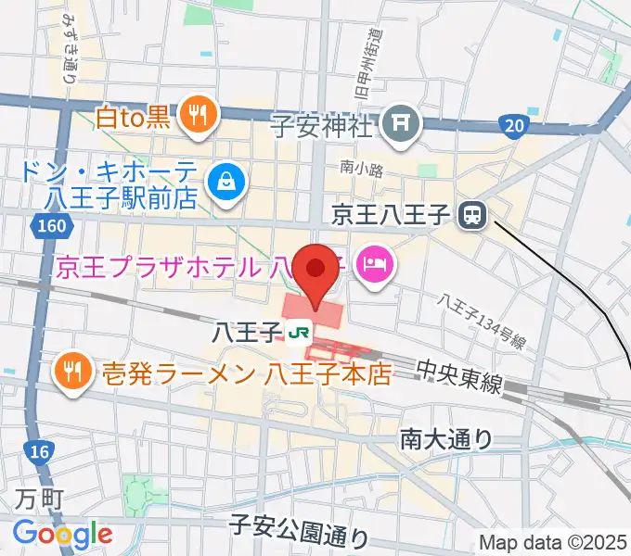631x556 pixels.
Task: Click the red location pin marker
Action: coord(316,269)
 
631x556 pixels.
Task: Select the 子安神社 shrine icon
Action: coord(403,120)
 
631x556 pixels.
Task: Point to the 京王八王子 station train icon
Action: coord(472,216)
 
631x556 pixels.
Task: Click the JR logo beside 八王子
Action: coord(298,331)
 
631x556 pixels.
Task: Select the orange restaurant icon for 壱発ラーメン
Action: coord(72,373)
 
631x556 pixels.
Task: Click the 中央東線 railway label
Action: coord(459,381)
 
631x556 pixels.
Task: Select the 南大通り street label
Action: coord(447,437)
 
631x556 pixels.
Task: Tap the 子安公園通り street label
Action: coord(299,531)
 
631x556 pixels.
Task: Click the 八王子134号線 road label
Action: coord(484,323)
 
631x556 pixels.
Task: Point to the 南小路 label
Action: coord(356,169)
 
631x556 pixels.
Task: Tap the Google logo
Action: coord(62,533)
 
